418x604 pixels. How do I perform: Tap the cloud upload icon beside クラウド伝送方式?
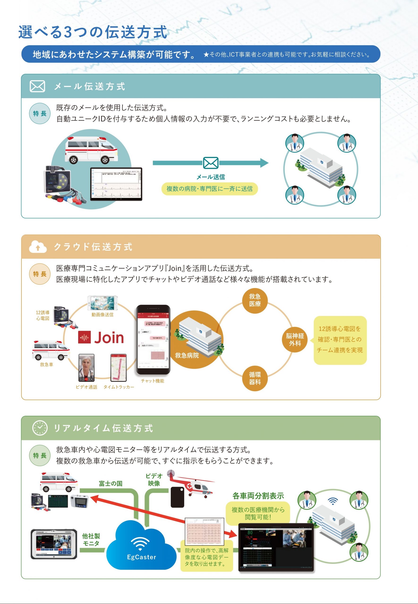point(38,247)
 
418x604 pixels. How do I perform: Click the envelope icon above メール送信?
point(211,163)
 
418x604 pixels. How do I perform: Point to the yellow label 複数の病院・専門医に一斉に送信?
point(209,189)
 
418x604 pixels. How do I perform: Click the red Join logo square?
point(84,337)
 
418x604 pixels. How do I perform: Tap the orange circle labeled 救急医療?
point(255,300)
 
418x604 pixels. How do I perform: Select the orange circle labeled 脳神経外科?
point(295,339)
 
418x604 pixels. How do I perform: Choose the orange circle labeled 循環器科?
point(255,378)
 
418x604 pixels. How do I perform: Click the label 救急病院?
point(187,355)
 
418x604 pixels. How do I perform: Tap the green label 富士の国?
point(111,483)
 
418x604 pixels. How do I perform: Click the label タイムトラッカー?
point(119,387)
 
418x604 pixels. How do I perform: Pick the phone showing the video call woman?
point(86,368)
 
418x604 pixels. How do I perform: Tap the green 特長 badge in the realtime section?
point(39,455)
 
